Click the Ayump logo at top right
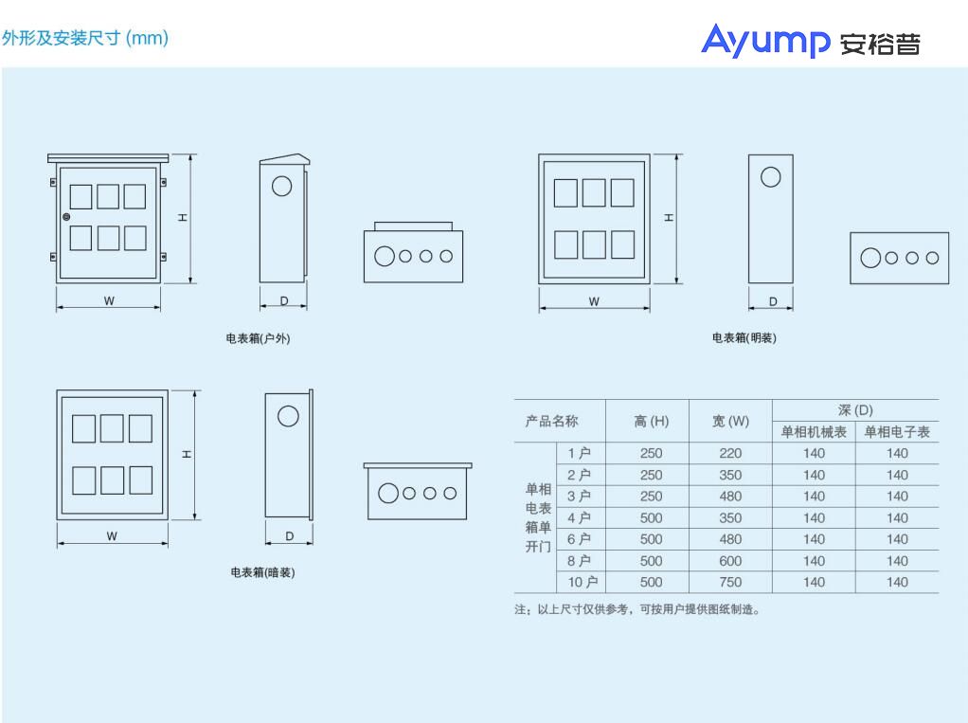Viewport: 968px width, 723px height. pos(810,42)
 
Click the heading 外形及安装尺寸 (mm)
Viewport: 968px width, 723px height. pos(84,38)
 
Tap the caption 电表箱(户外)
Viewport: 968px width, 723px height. pos(258,338)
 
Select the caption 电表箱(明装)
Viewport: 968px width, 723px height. pos(744,337)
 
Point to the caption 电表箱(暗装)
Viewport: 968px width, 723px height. pos(262,572)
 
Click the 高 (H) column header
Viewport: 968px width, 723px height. pos(651,421)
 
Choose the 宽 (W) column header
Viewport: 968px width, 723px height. pos(730,421)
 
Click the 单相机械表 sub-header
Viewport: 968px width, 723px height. pos(814,432)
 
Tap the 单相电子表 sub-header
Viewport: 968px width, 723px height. pos(897,432)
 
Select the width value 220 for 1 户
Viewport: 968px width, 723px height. pos(730,453)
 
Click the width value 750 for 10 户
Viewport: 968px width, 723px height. pos(730,582)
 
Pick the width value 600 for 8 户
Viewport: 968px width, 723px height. pos(730,561)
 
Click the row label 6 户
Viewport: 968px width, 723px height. pos(579,539)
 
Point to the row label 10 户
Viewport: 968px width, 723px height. pos(579,582)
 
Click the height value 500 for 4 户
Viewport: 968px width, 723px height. pos(651,517)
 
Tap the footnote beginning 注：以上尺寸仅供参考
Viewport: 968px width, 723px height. pos(636,609)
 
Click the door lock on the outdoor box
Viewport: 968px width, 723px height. pos(66,218)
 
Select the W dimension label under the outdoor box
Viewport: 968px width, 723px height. pos(109,301)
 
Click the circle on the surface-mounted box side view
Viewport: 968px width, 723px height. pos(770,176)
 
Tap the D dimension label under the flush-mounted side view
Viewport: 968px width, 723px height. pos(289,536)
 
